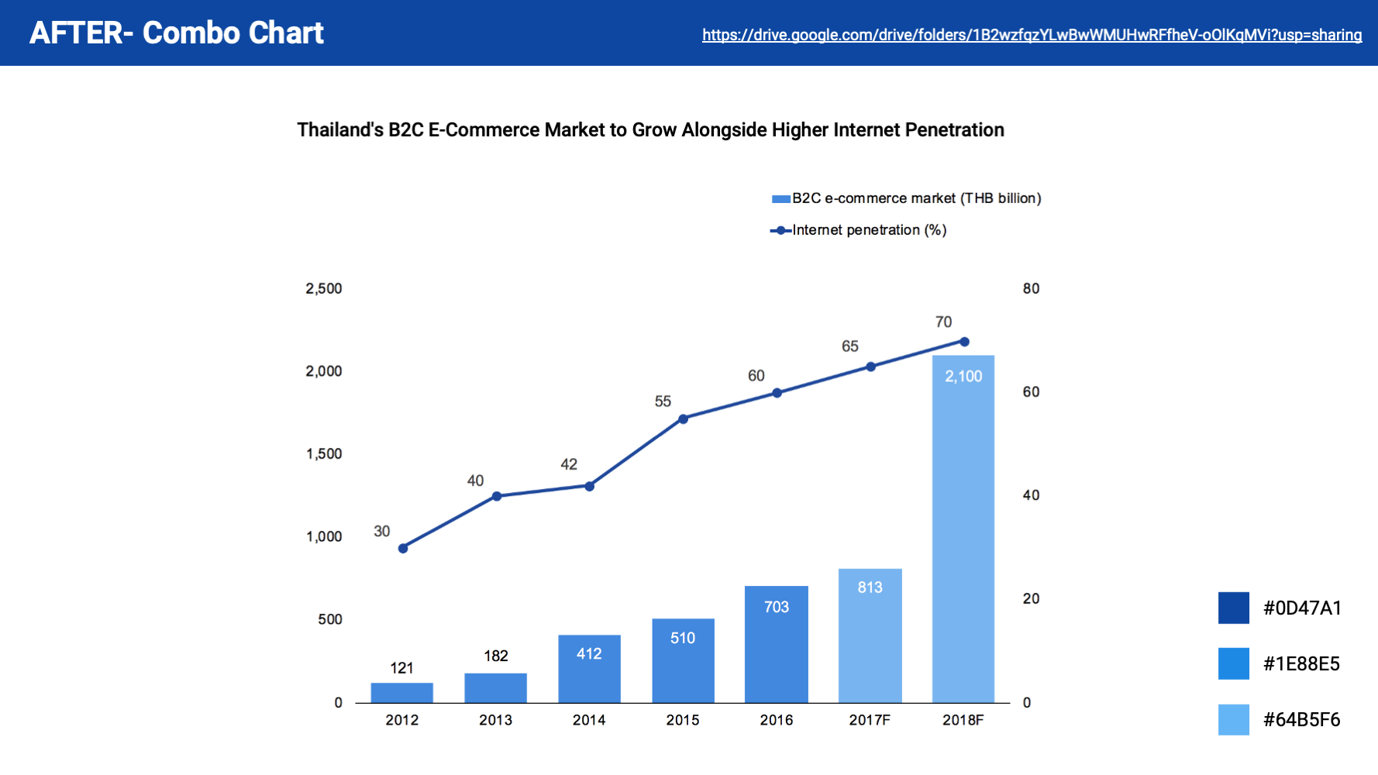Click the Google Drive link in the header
click(1032, 35)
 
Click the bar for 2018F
click(963, 535)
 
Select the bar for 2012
click(401, 693)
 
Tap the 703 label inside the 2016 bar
click(776, 607)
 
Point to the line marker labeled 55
click(683, 419)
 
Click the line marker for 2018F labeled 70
click(964, 342)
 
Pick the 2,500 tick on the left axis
click(323, 288)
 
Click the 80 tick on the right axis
click(1031, 288)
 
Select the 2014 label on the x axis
click(589, 720)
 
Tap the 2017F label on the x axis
click(870, 720)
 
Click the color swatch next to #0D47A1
click(1233, 608)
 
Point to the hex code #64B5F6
click(1301, 719)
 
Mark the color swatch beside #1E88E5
click(1233, 663)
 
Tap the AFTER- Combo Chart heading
click(177, 33)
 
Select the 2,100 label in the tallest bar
click(963, 377)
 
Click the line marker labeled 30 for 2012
click(403, 549)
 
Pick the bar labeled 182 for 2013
click(495, 688)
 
